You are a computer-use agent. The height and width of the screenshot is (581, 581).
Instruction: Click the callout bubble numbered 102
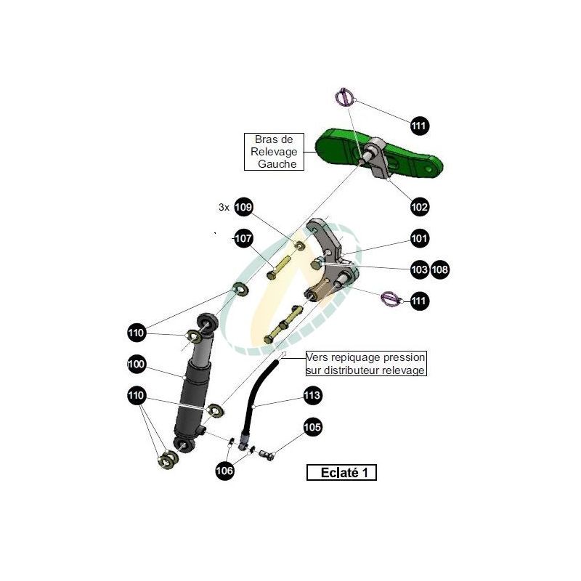point(420,207)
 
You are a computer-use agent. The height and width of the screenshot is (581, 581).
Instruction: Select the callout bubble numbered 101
point(420,238)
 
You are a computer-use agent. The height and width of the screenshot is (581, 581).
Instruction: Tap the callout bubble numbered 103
point(420,269)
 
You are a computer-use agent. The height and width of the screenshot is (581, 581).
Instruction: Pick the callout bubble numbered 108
point(440,269)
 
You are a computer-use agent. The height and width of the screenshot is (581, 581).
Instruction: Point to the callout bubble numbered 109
point(243,207)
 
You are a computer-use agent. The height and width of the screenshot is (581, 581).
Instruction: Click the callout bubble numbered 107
point(243,238)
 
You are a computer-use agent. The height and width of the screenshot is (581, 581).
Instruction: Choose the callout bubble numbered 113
point(312,395)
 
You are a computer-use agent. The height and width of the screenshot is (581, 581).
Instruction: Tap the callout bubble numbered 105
point(312,427)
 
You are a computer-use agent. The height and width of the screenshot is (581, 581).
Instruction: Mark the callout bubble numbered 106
point(224,471)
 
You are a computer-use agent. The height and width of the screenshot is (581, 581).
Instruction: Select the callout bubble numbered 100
point(137,365)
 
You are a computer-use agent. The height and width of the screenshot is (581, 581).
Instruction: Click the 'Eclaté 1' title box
point(341,473)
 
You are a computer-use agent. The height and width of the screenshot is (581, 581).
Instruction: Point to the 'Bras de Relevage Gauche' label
point(274,152)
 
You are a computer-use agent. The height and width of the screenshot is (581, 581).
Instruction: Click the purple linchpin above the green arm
point(344,97)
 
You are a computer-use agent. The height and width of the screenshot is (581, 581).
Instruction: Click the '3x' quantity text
point(224,207)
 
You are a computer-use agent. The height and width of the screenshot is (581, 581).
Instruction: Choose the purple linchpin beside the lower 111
point(391,298)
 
